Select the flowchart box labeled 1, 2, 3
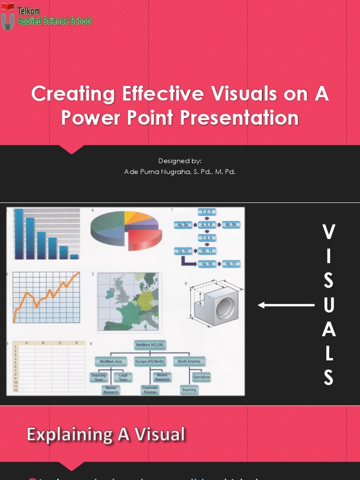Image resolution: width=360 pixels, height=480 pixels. click(x=206, y=212)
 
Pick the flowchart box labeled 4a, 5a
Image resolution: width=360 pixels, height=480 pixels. click(x=182, y=225)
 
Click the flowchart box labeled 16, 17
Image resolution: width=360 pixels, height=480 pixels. click(x=231, y=264)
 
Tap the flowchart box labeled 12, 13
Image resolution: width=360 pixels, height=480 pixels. click(x=182, y=251)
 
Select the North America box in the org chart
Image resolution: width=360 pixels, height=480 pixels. click(x=189, y=361)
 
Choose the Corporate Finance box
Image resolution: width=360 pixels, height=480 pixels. click(x=150, y=390)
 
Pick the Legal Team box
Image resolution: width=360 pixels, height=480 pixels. click(x=123, y=377)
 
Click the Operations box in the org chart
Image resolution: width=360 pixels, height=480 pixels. click(x=201, y=377)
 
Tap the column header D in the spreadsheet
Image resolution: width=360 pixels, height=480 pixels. click(x=77, y=343)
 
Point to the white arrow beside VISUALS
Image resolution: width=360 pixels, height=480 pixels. click(x=286, y=305)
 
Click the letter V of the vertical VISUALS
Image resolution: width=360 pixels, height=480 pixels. click(x=329, y=232)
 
